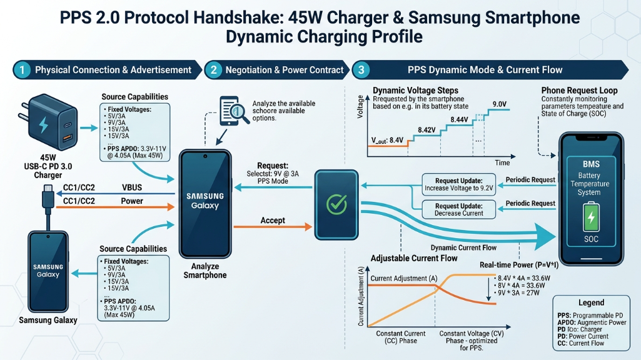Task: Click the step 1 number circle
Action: tap(22, 70)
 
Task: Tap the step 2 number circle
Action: tap(214, 70)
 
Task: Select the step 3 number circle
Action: tap(362, 70)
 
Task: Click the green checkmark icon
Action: tap(336, 202)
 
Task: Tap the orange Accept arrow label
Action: tap(273, 221)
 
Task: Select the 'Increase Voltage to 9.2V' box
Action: tap(459, 184)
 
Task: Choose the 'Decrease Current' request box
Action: tap(459, 209)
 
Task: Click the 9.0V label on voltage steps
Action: tap(499, 104)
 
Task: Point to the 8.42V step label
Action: tap(426, 130)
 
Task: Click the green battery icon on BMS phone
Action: tap(590, 219)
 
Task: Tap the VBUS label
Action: tap(132, 187)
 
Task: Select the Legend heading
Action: tap(591, 302)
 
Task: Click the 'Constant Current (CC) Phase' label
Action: tap(401, 337)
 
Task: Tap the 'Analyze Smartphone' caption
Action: tap(205, 271)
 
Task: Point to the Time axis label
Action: tap(502, 162)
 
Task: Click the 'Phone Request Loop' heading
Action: tap(579, 91)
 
